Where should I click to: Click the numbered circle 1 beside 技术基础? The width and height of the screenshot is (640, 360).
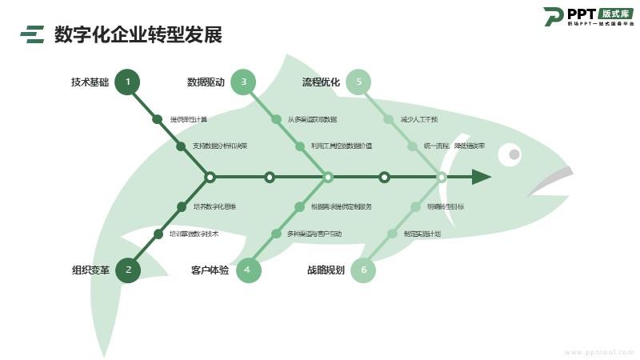pos(127,82)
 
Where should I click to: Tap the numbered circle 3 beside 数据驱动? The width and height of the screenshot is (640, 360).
pos(243,82)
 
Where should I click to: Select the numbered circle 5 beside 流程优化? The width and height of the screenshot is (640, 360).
pos(359,82)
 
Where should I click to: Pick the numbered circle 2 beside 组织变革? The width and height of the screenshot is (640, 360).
pos(128,270)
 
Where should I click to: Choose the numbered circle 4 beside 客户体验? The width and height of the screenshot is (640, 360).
pos(248,270)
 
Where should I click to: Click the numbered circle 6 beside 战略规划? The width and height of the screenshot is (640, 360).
pos(363,270)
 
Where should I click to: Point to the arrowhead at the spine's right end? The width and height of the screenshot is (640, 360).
pos(481,177)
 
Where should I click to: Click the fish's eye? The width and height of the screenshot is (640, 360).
pos(514,154)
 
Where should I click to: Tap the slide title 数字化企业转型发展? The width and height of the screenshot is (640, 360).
pos(138,34)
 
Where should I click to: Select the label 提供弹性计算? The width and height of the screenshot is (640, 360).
pos(189,119)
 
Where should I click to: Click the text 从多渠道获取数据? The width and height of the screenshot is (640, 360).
pos(312,119)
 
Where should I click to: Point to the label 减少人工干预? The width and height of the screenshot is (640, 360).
pos(419,119)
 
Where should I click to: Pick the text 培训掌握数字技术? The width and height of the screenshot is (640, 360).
pos(194,234)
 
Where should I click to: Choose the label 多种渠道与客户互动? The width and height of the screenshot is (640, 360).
pos(314,234)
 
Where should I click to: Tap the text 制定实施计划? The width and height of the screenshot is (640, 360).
pos(422,234)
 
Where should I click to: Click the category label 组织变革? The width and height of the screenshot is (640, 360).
pos(90,270)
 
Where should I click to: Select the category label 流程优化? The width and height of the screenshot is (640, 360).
pos(321,82)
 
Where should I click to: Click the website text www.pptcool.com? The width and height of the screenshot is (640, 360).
pos(599,352)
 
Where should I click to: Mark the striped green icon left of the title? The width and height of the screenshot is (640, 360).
pos(33,34)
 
